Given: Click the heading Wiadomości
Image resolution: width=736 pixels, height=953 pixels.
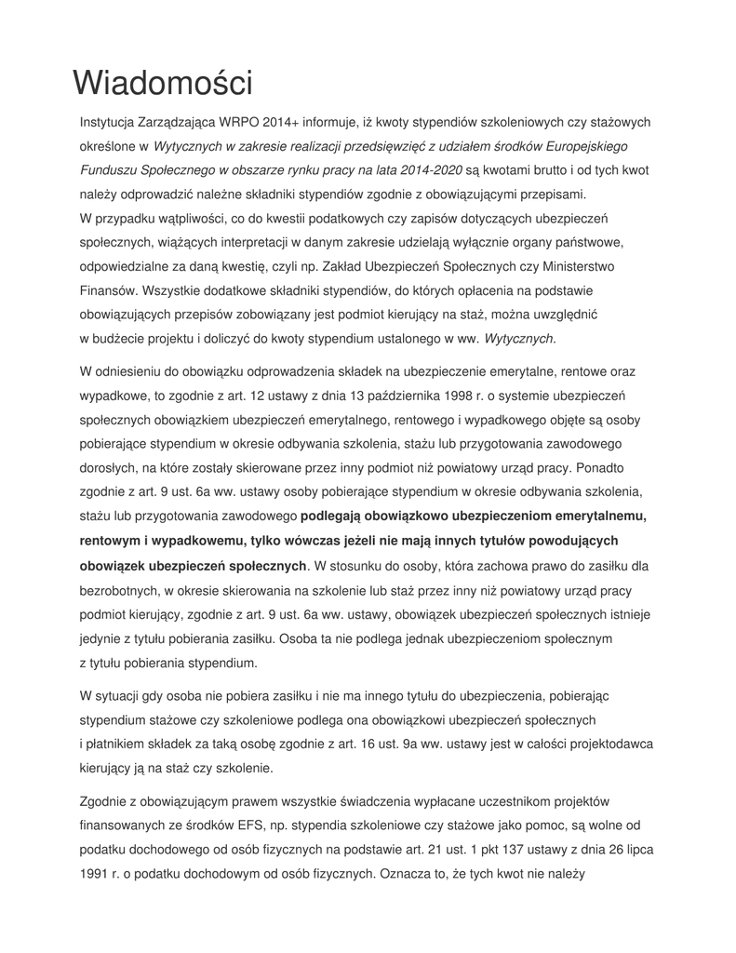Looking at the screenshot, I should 163,83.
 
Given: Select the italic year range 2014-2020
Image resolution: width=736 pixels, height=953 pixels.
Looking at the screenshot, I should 433,170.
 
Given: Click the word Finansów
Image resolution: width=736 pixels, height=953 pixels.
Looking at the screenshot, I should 107,291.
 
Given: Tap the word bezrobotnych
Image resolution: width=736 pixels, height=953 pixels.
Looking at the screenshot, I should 121,590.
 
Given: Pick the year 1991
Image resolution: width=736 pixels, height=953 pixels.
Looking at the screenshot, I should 95,874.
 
